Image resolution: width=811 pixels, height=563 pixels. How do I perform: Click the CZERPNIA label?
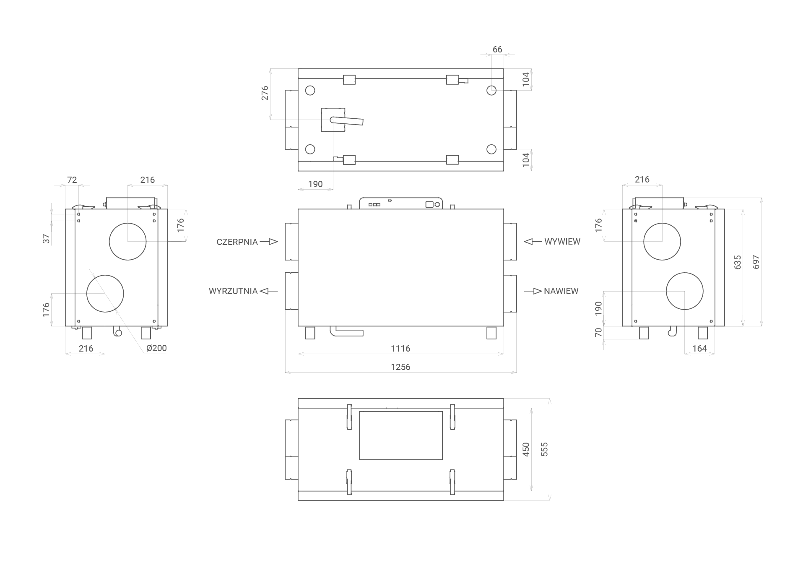click(237, 242)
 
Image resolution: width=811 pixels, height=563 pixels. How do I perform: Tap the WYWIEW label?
click(562, 242)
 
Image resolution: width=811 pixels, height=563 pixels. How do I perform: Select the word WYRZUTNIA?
click(233, 291)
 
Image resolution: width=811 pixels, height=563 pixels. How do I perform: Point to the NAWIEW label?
click(561, 291)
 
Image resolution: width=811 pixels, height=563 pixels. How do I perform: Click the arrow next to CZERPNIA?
click(269, 242)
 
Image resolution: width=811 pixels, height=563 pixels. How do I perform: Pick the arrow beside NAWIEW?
click(533, 291)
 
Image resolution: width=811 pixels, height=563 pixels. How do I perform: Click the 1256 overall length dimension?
click(400, 367)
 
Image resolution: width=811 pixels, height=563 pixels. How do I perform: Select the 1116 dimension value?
click(400, 349)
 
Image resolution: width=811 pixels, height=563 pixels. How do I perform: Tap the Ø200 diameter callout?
click(156, 348)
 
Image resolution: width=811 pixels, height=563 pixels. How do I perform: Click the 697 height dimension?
click(756, 262)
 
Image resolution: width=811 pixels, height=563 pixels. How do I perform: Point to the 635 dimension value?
click(738, 262)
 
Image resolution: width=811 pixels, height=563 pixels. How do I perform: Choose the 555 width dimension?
click(544, 449)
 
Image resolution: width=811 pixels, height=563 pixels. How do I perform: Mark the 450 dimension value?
click(526, 449)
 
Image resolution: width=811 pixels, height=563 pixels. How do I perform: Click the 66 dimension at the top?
click(497, 50)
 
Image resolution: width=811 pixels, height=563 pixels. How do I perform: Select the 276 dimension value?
click(265, 93)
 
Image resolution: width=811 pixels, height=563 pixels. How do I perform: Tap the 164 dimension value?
click(699, 349)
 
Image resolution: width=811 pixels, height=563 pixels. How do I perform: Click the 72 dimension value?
click(72, 180)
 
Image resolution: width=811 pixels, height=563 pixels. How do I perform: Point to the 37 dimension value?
click(46, 239)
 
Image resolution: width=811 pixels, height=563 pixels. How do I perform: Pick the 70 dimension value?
click(598, 332)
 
